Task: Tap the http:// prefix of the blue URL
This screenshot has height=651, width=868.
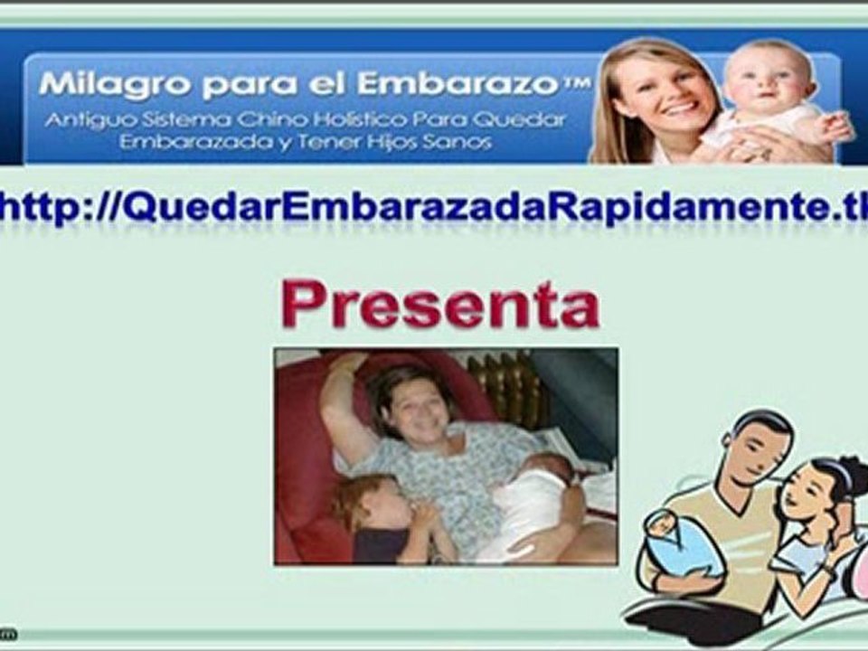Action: point(56,207)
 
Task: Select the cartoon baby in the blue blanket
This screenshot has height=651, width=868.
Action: point(682,545)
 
